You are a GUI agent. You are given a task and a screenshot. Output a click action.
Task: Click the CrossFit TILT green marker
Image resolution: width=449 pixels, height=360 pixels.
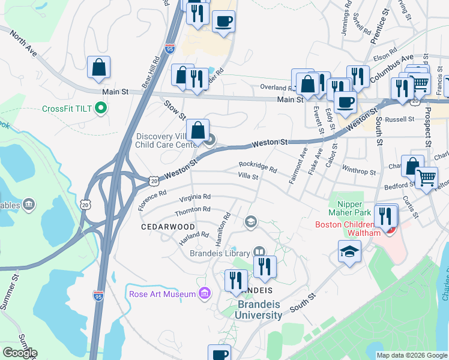(x=101, y=109)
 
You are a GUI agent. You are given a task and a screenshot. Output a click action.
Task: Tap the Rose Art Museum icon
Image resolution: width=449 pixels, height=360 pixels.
(x=204, y=293)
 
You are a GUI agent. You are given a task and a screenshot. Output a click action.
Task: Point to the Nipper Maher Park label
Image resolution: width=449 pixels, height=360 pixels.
(x=345, y=208)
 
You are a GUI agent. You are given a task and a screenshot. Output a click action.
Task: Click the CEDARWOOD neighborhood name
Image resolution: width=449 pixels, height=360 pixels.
(x=167, y=227)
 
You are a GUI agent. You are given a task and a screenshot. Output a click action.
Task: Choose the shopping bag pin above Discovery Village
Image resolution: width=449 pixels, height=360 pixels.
(x=197, y=130)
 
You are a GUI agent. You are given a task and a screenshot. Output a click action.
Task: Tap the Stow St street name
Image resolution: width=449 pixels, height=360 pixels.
(x=175, y=110)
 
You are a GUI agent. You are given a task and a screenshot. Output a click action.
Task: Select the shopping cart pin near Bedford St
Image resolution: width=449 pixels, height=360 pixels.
(x=426, y=177)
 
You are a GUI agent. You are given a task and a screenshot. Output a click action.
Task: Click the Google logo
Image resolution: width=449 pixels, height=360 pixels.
(x=19, y=353)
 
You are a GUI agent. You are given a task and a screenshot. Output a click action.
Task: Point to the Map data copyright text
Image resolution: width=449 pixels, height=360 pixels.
(x=411, y=355)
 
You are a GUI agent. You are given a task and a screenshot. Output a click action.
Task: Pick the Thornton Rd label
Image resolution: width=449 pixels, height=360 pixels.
(x=192, y=209)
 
